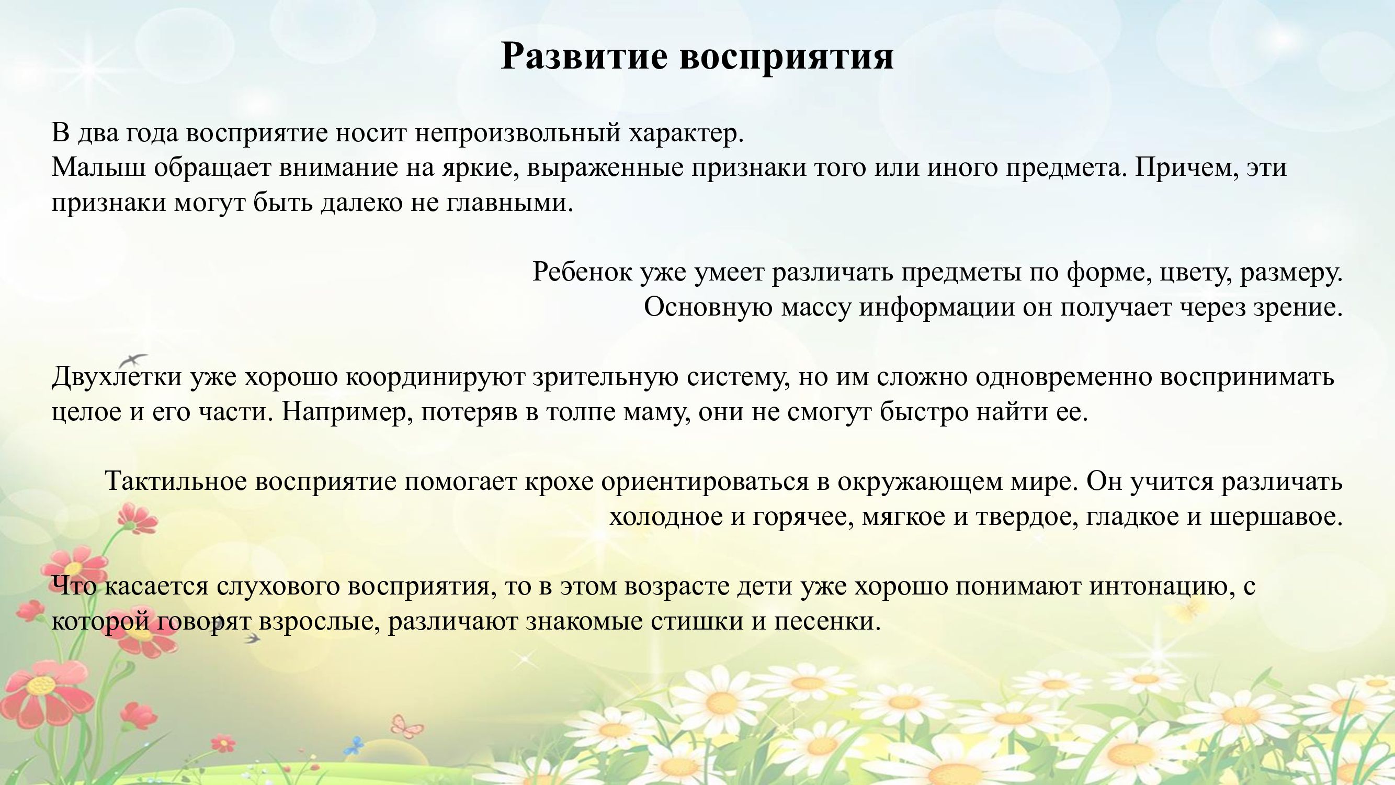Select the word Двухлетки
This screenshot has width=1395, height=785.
click(117, 376)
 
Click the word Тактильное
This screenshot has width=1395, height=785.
click(176, 481)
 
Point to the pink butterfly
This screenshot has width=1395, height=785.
click(407, 724)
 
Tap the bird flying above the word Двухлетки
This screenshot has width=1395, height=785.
click(133, 359)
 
